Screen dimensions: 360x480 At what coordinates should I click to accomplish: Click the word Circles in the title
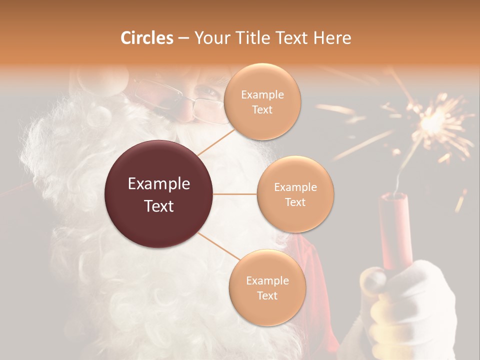(147, 38)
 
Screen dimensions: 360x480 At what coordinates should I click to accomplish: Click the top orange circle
(262, 101)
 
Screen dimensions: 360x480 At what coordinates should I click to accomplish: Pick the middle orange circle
(295, 194)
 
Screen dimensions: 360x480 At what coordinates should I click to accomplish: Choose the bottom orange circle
(267, 287)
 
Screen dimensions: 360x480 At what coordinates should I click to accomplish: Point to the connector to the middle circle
(235, 194)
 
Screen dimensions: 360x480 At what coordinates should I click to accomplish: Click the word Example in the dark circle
(159, 184)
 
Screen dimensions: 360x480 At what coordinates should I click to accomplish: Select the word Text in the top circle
(262, 109)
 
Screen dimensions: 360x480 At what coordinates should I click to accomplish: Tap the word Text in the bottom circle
(267, 295)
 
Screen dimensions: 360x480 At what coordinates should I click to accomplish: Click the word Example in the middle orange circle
(295, 187)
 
